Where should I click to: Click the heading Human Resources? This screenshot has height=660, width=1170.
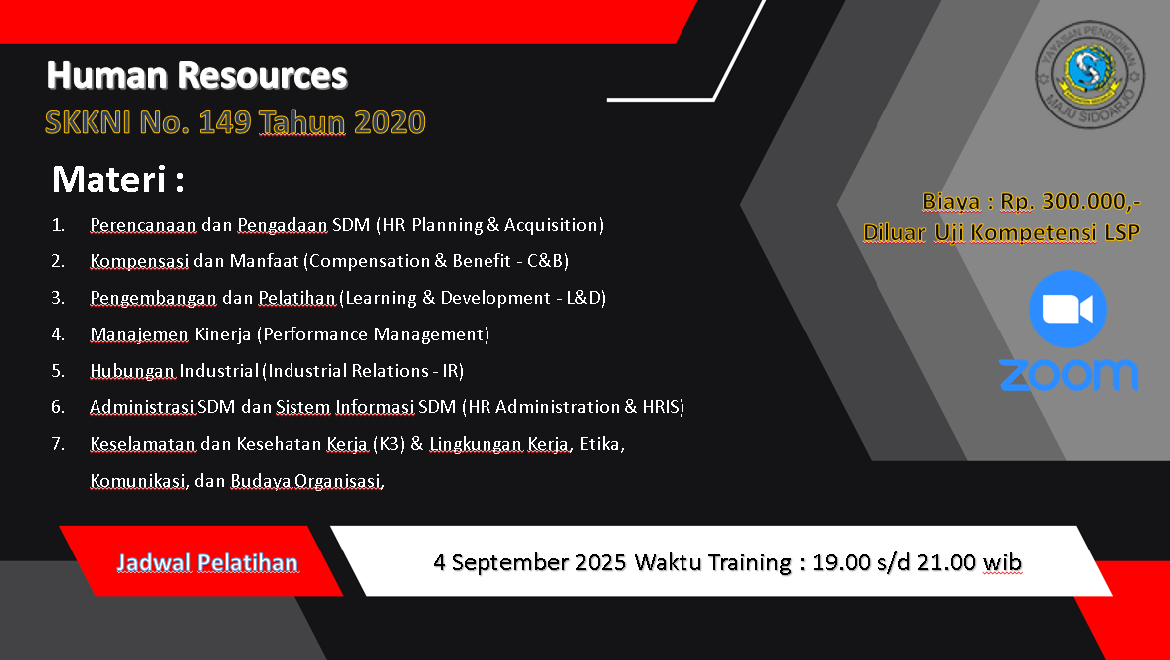pyautogui.click(x=197, y=76)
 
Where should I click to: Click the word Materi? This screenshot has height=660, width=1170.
pyautogui.click(x=109, y=180)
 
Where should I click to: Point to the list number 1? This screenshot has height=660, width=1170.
pyautogui.click(x=58, y=225)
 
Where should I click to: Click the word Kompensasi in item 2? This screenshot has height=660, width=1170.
pyautogui.click(x=139, y=261)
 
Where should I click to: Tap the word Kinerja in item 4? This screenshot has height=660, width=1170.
pyautogui.click(x=223, y=334)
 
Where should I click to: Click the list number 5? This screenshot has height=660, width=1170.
pyautogui.click(x=58, y=371)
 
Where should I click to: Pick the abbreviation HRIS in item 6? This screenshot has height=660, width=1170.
pyautogui.click(x=660, y=407)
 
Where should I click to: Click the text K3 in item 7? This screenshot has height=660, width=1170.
pyautogui.click(x=388, y=444)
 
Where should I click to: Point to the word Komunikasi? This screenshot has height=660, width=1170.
pyautogui.click(x=137, y=481)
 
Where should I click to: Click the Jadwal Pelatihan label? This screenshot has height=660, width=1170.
pyautogui.click(x=207, y=563)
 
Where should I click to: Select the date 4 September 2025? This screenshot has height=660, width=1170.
pyautogui.click(x=529, y=562)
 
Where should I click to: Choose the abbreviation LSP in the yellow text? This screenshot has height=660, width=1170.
pyautogui.click(x=1122, y=232)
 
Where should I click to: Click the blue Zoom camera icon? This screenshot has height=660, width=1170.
pyautogui.click(x=1068, y=309)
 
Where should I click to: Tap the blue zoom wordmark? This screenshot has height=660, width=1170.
pyautogui.click(x=1070, y=374)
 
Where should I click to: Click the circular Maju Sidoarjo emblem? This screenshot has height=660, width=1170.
pyautogui.click(x=1090, y=75)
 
